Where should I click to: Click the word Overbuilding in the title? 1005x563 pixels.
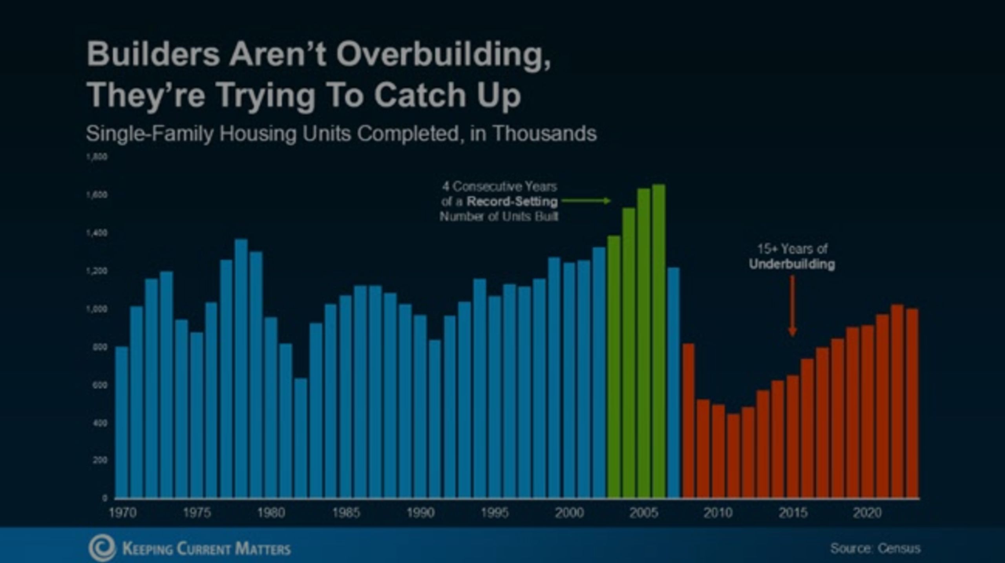coord(444,55)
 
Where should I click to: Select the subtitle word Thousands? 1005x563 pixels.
coord(545,133)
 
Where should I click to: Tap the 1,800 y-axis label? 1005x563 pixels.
coord(97,157)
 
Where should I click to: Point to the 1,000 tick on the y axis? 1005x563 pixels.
coord(97,309)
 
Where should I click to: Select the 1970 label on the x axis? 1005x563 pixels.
coord(122,513)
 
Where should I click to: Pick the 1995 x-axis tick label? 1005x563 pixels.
coord(495,513)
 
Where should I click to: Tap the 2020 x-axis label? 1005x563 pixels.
coord(867,513)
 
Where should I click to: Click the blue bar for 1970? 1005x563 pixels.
coord(122,422)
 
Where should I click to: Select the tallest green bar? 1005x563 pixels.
coord(658,342)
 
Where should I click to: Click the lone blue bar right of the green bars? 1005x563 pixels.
coord(673,383)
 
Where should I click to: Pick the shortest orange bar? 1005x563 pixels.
coord(733,455)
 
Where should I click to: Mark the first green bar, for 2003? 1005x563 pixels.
coord(614,367)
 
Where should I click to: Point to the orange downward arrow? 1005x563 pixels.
coord(792,306)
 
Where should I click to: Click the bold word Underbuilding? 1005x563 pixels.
coord(792,264)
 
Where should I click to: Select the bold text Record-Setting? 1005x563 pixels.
coord(512,202)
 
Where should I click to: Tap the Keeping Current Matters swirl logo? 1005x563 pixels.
coord(102,548)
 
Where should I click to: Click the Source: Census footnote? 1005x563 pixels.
coord(875,548)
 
